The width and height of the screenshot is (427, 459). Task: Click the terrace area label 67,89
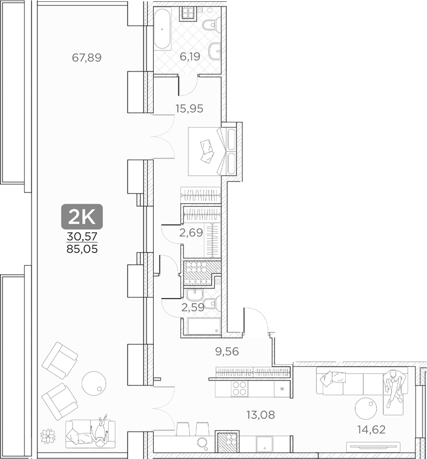coord(86,57)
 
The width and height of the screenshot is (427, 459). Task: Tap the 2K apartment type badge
coord(82,216)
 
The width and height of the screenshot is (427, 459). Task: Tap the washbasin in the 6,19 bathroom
coord(215,52)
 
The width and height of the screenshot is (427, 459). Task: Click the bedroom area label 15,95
coord(189,108)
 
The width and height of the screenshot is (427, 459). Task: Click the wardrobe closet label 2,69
coord(191,232)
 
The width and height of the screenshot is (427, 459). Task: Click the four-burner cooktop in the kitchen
coord(239,388)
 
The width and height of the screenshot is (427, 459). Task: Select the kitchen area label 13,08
coord(260,415)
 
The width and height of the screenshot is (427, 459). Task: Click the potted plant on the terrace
coord(47,435)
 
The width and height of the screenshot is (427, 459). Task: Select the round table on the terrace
coord(94,382)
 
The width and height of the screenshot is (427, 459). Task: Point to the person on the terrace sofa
coord(101,430)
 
